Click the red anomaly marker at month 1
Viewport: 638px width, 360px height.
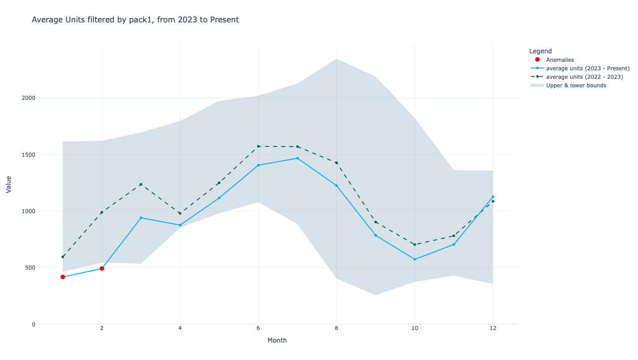pyautogui.click(x=63, y=277)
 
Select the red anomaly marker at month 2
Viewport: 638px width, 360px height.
pyautogui.click(x=102, y=269)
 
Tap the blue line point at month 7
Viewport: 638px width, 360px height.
pyautogui.click(x=297, y=158)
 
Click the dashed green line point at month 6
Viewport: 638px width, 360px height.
pyautogui.click(x=258, y=146)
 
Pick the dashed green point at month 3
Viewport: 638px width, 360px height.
pyautogui.click(x=141, y=184)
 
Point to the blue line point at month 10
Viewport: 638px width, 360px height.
pyautogui.click(x=414, y=259)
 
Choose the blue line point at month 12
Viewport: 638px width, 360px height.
pyautogui.click(x=493, y=197)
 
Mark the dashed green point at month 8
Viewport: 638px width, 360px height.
pyautogui.click(x=336, y=163)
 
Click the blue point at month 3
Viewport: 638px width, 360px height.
pyautogui.click(x=141, y=218)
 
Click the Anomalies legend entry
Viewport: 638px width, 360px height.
pyautogui.click(x=560, y=60)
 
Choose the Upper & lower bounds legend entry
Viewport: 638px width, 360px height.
pyautogui.click(x=576, y=85)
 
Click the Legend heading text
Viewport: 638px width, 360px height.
pyautogui.click(x=540, y=51)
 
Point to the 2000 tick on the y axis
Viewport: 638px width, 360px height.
pyautogui.click(x=28, y=98)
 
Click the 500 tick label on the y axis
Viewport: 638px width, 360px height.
pyautogui.click(x=30, y=268)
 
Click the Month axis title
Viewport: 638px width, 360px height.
pyautogui.click(x=277, y=340)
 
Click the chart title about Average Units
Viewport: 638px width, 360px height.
pyautogui.click(x=135, y=20)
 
